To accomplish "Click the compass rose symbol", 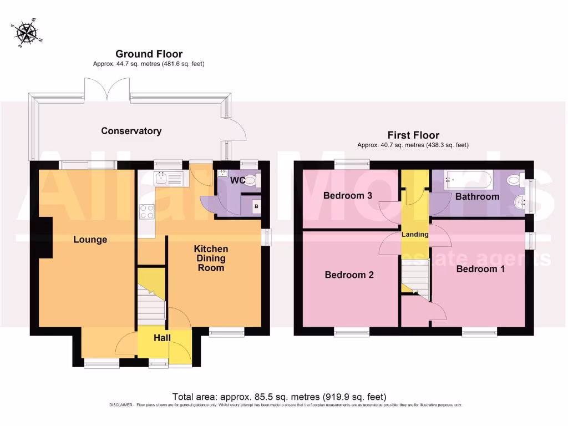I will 26,33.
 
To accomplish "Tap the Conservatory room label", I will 131,131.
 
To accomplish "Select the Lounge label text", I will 90,240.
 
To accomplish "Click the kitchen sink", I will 169,179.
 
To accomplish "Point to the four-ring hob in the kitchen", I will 148,212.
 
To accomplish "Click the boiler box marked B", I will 256,206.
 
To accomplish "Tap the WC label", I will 238,181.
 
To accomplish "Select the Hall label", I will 163,338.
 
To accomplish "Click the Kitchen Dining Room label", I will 211,258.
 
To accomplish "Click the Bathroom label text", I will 477,196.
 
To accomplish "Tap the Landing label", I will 415,235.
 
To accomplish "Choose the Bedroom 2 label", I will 349,275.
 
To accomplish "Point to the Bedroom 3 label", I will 348,196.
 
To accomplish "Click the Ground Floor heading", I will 149,54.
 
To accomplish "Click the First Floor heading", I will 413,135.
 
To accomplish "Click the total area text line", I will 279,397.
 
